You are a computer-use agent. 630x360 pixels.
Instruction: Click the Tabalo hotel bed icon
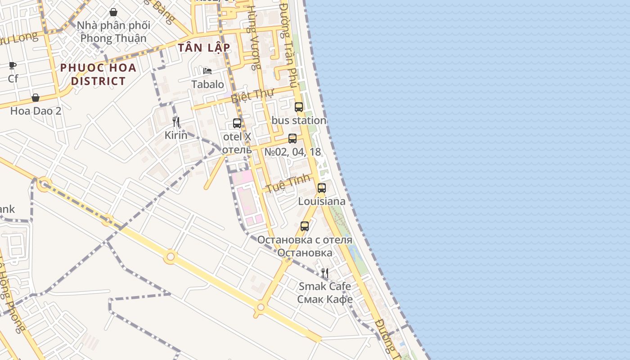(x=207, y=71)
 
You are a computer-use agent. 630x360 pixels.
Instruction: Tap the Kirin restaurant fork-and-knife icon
(x=176, y=121)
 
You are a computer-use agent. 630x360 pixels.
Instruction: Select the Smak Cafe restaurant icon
(x=324, y=273)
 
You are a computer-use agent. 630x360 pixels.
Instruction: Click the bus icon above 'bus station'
(x=299, y=107)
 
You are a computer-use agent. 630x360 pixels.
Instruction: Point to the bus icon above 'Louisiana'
(x=321, y=188)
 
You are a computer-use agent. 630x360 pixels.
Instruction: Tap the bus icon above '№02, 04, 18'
(x=292, y=139)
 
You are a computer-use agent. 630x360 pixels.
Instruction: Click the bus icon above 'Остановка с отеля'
(x=305, y=226)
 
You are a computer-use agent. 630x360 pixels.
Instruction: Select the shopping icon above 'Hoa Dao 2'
(x=36, y=98)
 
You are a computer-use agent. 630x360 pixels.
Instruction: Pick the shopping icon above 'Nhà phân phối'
(x=113, y=12)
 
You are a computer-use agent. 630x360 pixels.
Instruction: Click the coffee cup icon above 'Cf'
(x=13, y=66)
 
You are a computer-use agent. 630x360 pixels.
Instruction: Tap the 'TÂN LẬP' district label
(x=204, y=48)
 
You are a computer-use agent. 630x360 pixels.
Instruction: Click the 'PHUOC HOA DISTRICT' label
(x=98, y=74)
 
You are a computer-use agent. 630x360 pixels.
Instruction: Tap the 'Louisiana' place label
(x=322, y=201)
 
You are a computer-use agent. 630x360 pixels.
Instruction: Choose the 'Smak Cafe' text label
(x=325, y=286)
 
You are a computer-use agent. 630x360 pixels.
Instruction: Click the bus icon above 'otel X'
(x=237, y=123)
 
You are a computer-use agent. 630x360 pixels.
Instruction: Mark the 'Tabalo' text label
(x=207, y=84)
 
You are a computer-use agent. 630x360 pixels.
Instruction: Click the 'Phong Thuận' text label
(x=113, y=38)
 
